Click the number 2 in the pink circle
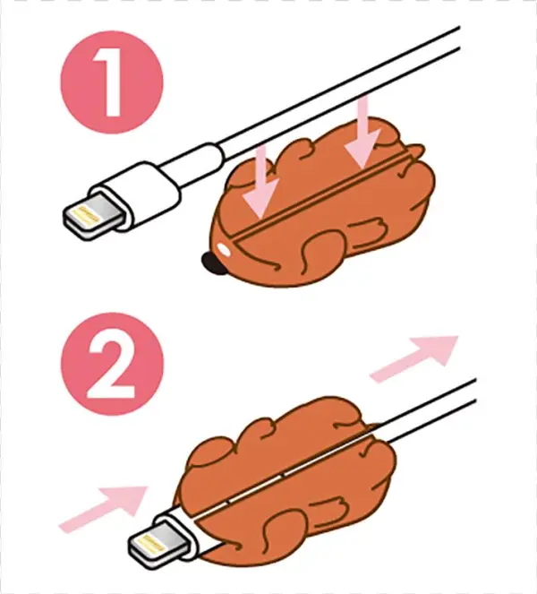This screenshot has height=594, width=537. coord(114,368)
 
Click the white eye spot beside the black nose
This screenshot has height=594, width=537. coord(224,252)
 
